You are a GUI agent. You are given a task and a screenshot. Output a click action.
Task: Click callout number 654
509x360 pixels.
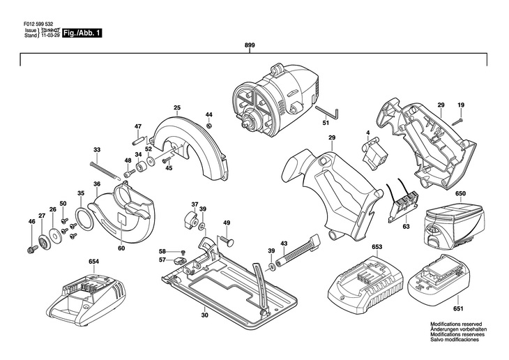[93, 262]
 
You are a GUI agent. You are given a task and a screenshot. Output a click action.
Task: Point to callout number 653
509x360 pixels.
[377, 247]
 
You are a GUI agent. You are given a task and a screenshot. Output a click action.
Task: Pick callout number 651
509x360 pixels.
[458, 308]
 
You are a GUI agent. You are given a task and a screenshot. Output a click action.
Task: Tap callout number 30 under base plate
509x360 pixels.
[204, 315]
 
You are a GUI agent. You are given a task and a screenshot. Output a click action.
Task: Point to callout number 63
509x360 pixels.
[406, 227]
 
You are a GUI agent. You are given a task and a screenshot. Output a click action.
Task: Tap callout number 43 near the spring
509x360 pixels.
[284, 243]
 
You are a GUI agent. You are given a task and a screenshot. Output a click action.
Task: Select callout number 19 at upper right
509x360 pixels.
[460, 105]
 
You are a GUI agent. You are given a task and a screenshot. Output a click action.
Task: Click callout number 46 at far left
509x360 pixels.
[31, 222]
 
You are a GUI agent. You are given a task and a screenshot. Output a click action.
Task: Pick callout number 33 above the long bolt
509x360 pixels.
[97, 150]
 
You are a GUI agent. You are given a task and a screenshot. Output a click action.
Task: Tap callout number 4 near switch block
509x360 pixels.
[367, 132]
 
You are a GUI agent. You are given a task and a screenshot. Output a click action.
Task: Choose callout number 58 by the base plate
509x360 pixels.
[162, 251]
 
